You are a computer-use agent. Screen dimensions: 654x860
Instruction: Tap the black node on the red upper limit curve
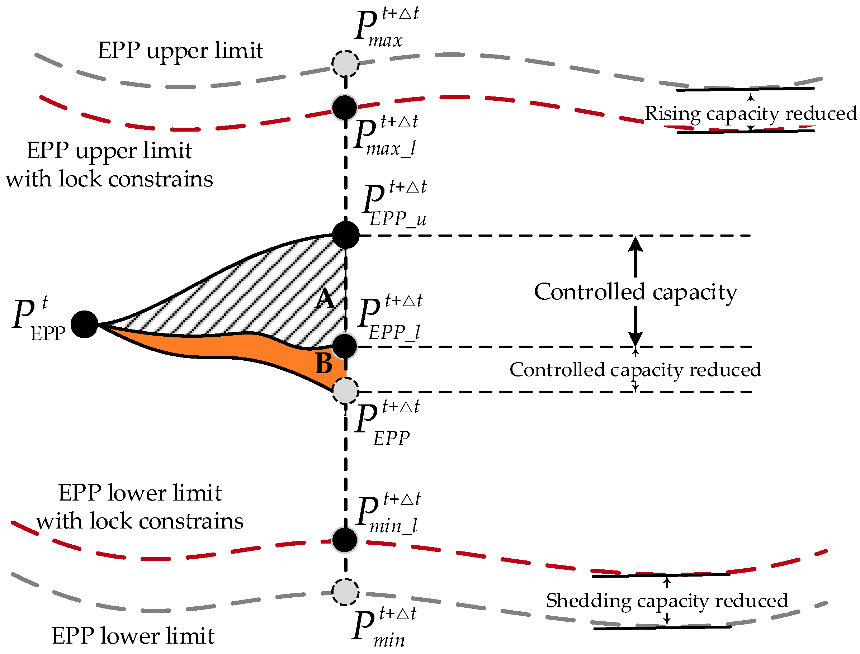pyautogui.click(x=345, y=107)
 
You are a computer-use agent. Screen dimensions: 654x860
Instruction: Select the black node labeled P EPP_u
pyautogui.click(x=346, y=235)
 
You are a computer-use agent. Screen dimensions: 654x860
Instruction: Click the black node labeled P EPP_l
pyautogui.click(x=345, y=346)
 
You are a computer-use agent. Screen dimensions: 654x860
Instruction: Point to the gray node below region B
pyautogui.click(x=345, y=390)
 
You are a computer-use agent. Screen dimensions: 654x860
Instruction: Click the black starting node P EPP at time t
pyautogui.click(x=85, y=324)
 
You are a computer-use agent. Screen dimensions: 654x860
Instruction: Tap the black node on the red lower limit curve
pyautogui.click(x=345, y=540)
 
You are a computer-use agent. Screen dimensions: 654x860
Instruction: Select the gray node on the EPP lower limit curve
pyautogui.click(x=345, y=592)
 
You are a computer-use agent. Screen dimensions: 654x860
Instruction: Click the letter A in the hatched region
pyautogui.click(x=325, y=300)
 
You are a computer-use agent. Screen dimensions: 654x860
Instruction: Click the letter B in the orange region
pyautogui.click(x=324, y=364)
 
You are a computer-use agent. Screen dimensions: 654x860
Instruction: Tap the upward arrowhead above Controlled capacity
pyautogui.click(x=635, y=245)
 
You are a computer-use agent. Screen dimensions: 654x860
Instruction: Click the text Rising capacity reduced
pyautogui.click(x=750, y=114)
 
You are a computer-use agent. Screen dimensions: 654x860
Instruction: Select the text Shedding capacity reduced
pyautogui.click(x=667, y=601)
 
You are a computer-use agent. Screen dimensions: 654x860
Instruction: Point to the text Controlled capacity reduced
pyautogui.click(x=635, y=369)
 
